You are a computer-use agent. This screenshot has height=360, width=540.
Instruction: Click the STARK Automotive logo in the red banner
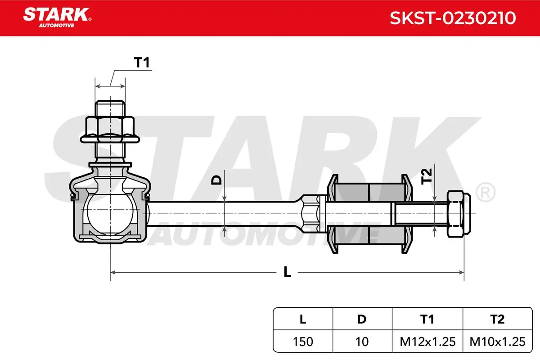tap(57, 18)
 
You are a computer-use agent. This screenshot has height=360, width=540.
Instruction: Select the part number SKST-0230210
tap(453, 18)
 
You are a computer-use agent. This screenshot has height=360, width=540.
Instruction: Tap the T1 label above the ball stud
tap(142, 63)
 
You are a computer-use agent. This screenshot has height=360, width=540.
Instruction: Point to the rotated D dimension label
tap(216, 180)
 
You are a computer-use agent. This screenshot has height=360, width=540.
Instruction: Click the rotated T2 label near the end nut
tap(426, 176)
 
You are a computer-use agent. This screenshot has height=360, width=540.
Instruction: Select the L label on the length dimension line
tap(287, 272)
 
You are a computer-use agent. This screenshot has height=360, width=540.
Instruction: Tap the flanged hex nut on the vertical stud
tap(110, 130)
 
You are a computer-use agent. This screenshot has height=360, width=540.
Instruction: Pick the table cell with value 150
tap(303, 342)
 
